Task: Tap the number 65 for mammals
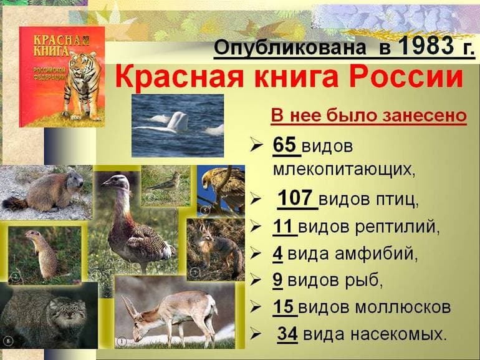pyautogui.click(x=284, y=146)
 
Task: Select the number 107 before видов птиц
pyautogui.click(x=294, y=199)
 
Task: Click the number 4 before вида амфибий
pyautogui.click(x=277, y=254)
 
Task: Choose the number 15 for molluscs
pyautogui.click(x=283, y=307)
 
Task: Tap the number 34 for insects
pyautogui.click(x=287, y=334)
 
